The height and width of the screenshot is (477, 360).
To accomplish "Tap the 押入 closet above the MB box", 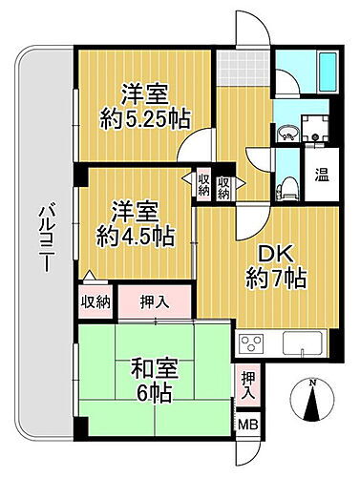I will [247, 384].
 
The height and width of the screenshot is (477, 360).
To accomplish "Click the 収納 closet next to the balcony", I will [95, 301].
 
